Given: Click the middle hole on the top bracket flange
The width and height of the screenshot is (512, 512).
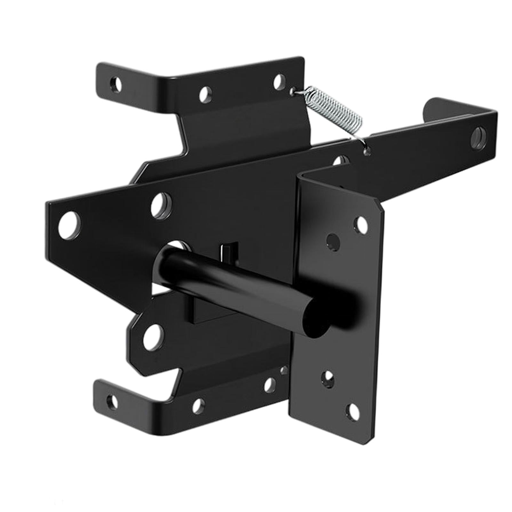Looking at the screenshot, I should [206, 94].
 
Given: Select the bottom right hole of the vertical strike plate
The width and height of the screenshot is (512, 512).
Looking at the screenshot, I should [352, 410].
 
